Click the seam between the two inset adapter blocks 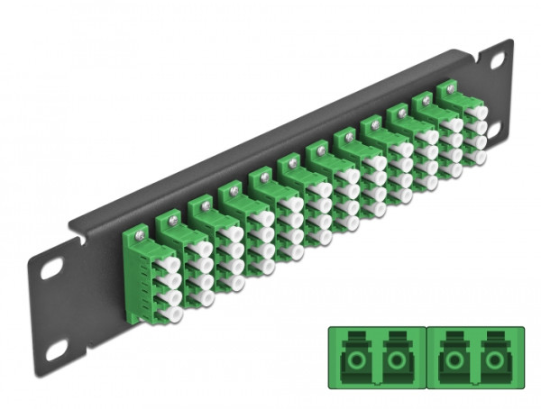tap(423, 360)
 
